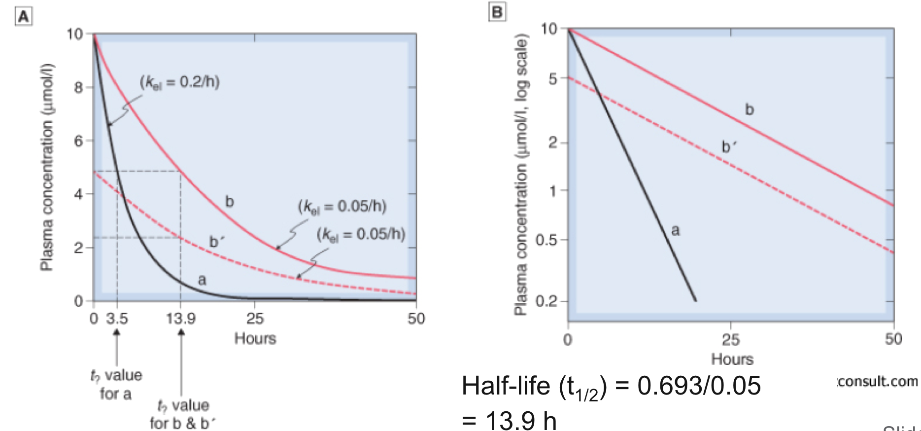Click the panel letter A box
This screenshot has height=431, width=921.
pyautogui.click(x=24, y=18)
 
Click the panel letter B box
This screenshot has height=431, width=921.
pyautogui.click(x=497, y=12)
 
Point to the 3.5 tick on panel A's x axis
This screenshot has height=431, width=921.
pyautogui.click(x=117, y=319)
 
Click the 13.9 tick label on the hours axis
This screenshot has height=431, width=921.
pyautogui.click(x=180, y=319)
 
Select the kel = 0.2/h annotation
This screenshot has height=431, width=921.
pyautogui.click(x=180, y=82)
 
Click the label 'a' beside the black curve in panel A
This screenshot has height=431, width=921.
pyautogui.click(x=202, y=280)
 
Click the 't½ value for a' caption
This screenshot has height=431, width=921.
pyautogui.click(x=115, y=384)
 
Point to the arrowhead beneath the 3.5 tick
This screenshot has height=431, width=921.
pyautogui.click(x=117, y=333)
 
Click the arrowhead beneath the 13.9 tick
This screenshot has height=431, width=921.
pyautogui.click(x=181, y=333)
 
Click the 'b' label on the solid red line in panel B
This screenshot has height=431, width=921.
pyautogui.click(x=749, y=109)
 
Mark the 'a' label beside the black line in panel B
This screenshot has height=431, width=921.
pyautogui.click(x=675, y=230)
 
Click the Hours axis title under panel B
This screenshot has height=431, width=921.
pyautogui.click(x=732, y=359)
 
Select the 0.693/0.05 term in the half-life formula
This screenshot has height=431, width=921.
pyautogui.click(x=699, y=386)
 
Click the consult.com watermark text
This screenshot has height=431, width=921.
pyautogui.click(x=877, y=381)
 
